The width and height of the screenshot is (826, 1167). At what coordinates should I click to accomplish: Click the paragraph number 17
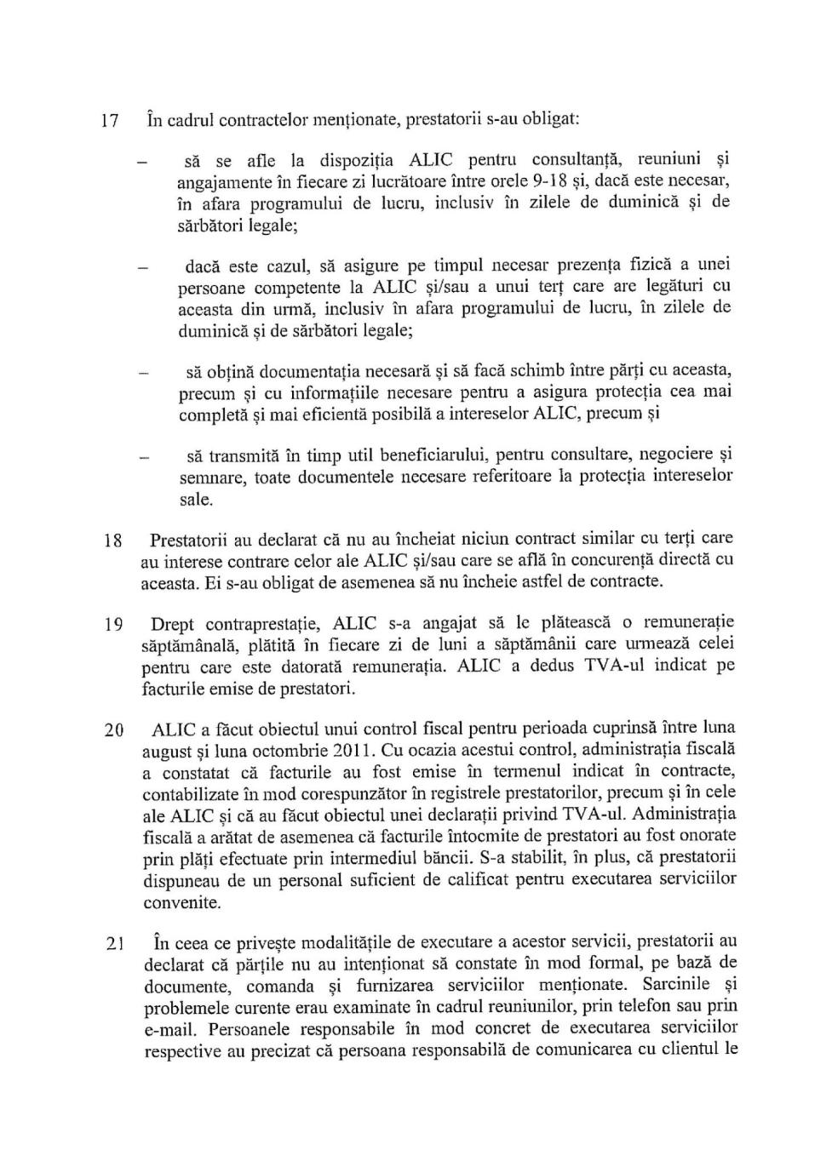click(x=109, y=121)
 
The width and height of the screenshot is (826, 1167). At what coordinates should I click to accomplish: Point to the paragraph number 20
click(x=113, y=730)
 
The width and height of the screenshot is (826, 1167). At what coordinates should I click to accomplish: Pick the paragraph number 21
click(x=114, y=943)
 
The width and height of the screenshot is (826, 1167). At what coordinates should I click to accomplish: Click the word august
click(x=167, y=752)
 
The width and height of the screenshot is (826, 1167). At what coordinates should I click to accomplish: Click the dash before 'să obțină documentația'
click(x=145, y=373)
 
